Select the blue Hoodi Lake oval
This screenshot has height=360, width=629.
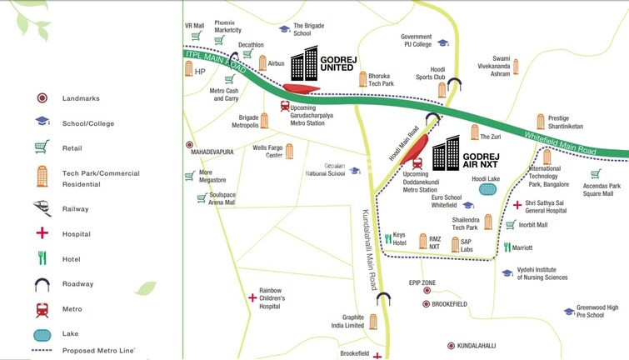(487, 190)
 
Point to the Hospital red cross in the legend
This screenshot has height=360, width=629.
(42, 234)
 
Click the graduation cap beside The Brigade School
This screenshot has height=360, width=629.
(284, 29)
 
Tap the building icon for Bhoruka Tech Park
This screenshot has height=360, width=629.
(362, 79)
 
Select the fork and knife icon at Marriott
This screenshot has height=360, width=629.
(507, 247)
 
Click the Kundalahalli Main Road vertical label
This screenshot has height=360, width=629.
(368, 250)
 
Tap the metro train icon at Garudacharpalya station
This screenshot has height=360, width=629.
(285, 107)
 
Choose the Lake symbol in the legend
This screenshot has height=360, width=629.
(42, 334)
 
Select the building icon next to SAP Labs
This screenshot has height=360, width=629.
(455, 245)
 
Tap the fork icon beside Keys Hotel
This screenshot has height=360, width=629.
(387, 238)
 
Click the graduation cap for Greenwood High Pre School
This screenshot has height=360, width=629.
(569, 311)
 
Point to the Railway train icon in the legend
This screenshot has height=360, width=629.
(42, 208)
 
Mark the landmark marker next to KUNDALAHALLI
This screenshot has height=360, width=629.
(451, 345)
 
